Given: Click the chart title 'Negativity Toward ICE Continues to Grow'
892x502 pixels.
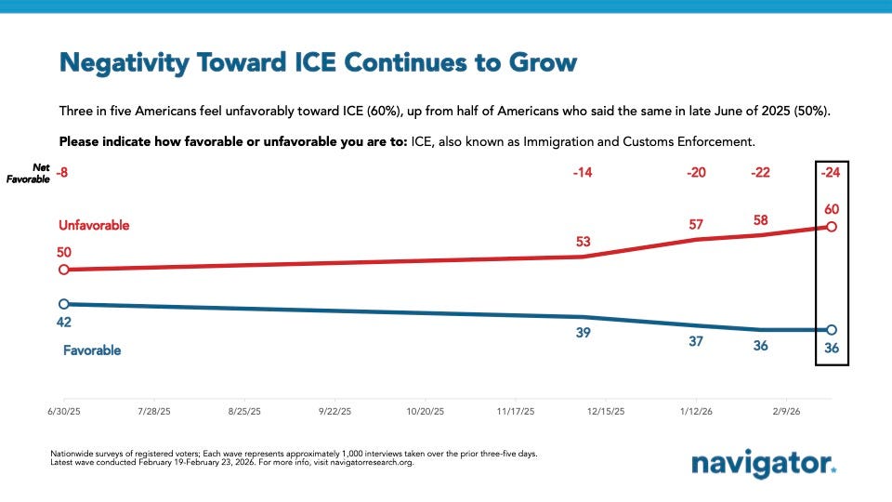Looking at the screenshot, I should click(x=318, y=63).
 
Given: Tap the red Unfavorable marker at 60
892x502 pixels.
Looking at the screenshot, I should click(x=832, y=227).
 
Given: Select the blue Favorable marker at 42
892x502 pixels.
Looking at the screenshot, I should click(x=63, y=304).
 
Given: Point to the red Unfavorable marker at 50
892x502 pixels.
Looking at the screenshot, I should click(x=63, y=270).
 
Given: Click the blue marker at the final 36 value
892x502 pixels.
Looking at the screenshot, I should click(x=832, y=330).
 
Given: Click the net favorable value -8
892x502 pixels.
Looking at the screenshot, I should click(x=63, y=172).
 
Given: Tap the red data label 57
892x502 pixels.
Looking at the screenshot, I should click(x=696, y=223).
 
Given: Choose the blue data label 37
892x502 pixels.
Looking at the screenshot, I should click(x=696, y=341).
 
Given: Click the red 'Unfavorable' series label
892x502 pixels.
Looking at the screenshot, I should click(x=94, y=226).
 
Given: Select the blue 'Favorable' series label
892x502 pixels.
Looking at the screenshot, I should click(x=92, y=350).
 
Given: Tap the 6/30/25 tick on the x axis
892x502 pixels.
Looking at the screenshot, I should click(x=63, y=409).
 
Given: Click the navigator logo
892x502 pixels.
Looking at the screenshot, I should click(x=764, y=462).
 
